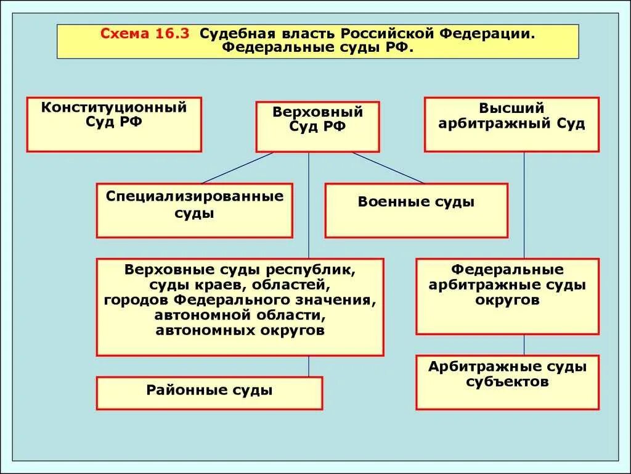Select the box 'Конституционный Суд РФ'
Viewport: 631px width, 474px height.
114,124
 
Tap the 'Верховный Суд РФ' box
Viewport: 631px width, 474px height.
317,127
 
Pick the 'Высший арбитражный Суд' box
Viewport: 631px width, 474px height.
511,124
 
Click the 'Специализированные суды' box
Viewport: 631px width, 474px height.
194,210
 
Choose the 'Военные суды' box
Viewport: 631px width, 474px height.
416,210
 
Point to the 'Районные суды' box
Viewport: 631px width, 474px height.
209,393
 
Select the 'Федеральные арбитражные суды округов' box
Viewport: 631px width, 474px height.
507,296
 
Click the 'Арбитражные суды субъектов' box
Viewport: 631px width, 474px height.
507,382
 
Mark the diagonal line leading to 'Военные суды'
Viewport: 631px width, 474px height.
388,167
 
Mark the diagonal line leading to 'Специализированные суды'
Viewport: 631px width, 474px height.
237,167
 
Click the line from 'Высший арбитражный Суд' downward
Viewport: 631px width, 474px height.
524,204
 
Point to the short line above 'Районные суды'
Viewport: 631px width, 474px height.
309,367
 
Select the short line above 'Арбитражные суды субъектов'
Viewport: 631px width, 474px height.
524,344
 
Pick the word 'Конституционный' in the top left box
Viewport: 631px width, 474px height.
114,108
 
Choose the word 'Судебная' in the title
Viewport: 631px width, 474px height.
231,34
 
